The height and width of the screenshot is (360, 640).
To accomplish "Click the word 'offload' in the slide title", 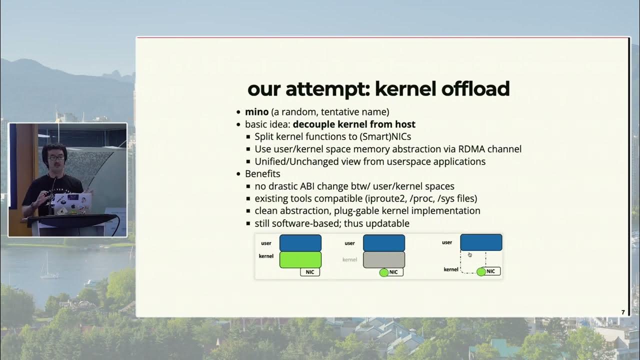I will tap(475, 89).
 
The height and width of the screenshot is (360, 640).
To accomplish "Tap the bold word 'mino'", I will tap(256, 111).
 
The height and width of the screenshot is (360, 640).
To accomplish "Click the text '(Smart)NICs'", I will tap(383, 136).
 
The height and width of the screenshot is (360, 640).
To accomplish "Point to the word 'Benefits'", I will tap(262, 174).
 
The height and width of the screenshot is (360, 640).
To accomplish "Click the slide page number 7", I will tap(623, 312).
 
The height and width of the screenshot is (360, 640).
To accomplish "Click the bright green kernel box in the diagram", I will tap(300, 259).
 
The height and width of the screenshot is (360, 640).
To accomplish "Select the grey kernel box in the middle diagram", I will tap(383, 259).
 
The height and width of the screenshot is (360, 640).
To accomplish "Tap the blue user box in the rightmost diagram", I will tap(481, 242).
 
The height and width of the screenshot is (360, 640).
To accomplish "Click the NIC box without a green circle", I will tap(310, 272).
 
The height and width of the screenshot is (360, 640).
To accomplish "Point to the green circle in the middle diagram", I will tap(384, 272).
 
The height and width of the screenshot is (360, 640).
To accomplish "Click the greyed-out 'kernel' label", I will tap(349, 259).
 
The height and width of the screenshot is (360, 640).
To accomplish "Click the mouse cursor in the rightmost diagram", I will tap(469, 254).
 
